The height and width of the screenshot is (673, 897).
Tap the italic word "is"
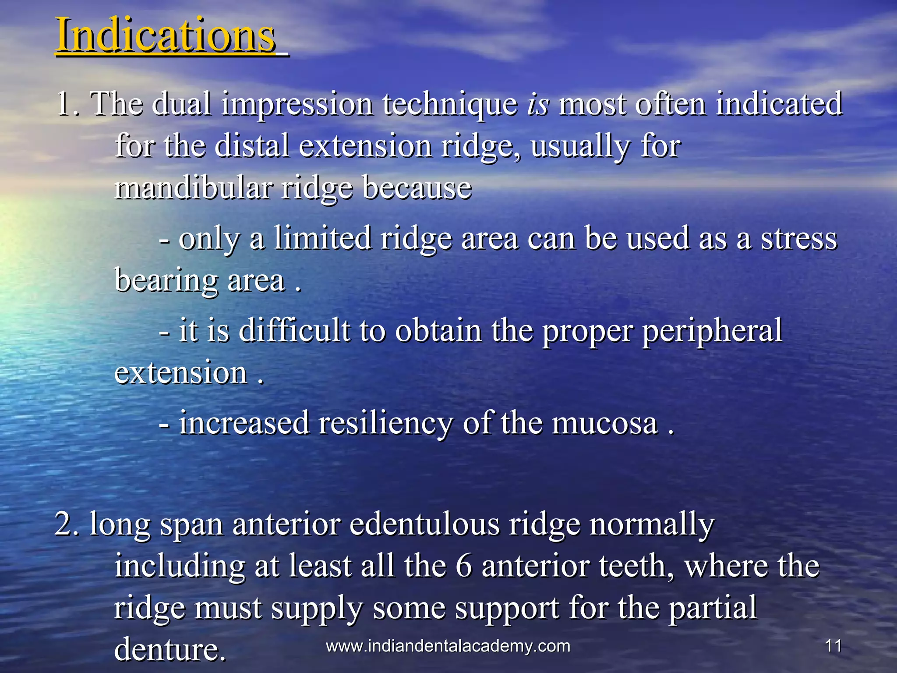coord(537,105)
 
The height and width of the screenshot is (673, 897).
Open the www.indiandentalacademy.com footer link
coord(448,646)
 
